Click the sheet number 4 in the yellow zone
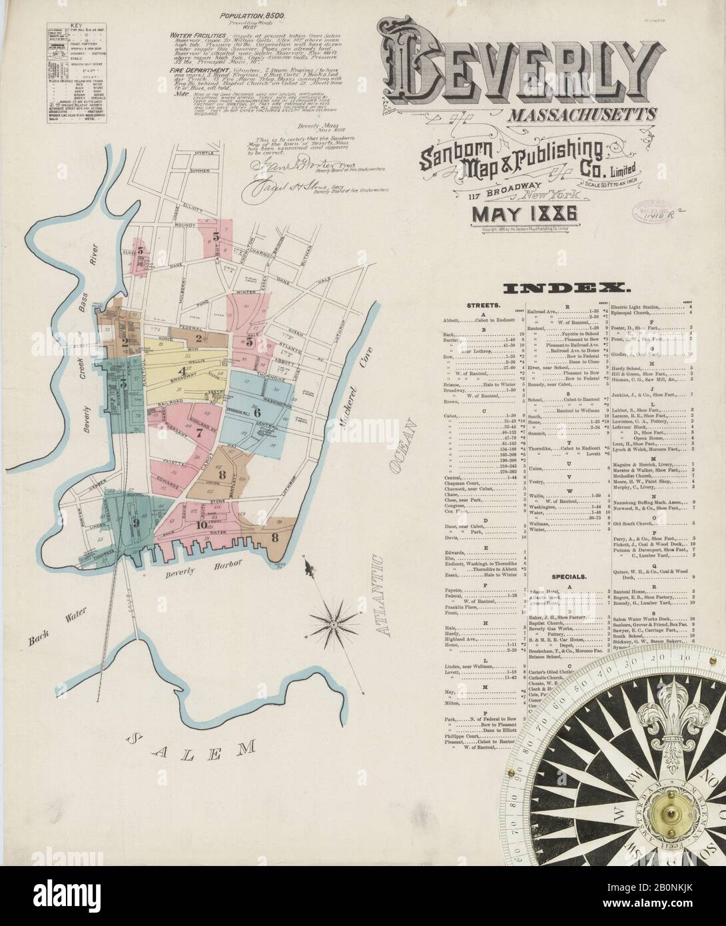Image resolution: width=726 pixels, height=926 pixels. (181, 371)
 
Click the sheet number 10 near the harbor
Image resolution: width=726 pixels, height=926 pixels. (201, 524)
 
